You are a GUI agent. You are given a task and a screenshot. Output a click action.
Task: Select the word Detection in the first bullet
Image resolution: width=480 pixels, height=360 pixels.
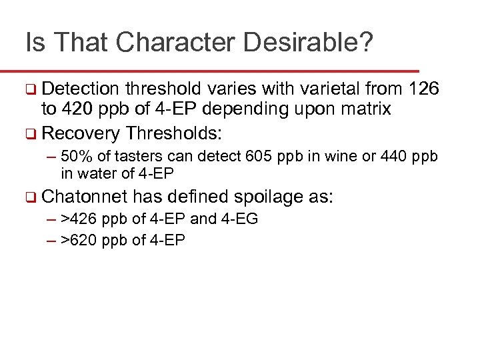(x=80, y=89)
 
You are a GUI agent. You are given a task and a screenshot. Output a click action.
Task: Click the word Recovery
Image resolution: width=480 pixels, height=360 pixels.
(x=80, y=133)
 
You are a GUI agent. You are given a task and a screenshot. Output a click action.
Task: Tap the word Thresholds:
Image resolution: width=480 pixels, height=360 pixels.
(x=173, y=133)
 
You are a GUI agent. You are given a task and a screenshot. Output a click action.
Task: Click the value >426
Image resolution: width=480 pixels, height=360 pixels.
(x=78, y=219)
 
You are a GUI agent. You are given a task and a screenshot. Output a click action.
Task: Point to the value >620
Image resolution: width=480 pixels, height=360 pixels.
(x=78, y=240)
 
